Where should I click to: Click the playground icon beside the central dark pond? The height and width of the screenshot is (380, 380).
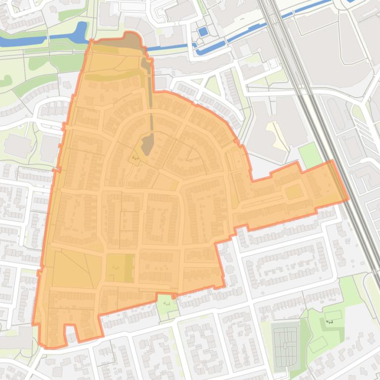pyautogui.click(x=135, y=158)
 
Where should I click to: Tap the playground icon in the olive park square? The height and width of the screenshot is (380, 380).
pyautogui.click(x=115, y=267)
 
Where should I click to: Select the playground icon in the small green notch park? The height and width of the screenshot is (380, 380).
pyautogui.click(x=167, y=303)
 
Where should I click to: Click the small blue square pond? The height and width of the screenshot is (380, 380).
pyautogui.click(x=203, y=32)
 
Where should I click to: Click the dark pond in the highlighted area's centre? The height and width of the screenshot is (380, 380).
pyautogui.click(x=147, y=144)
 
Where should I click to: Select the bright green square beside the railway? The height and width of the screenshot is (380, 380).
pyautogui.click(x=310, y=155)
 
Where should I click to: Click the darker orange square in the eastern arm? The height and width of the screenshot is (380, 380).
pyautogui.click(x=294, y=192)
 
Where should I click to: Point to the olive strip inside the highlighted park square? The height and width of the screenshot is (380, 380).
pyautogui.click(x=129, y=268)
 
